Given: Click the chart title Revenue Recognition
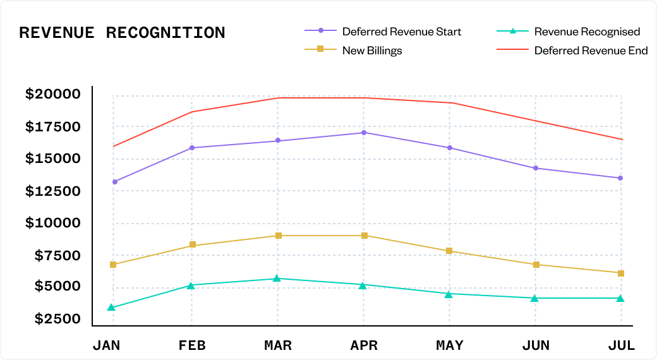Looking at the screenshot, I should pos(122,33).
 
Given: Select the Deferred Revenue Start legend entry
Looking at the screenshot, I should pos(401,32).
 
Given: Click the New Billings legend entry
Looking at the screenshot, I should pos(372,51).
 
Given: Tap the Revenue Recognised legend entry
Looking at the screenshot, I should pos(587,32).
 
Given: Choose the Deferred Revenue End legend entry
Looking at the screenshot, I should pos(591,51).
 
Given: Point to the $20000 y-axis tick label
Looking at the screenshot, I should pos(53,95).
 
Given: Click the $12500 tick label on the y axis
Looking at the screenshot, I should pos(53,191).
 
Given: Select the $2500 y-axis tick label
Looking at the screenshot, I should pos(57,319).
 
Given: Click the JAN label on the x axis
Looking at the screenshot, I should pos(106,345).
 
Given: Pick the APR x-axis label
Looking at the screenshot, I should pos(363,345).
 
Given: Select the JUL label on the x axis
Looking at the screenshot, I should pos(621,345).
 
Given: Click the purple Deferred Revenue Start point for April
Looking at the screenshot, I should pos(363,133).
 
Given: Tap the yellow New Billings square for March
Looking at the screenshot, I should pos(278,236).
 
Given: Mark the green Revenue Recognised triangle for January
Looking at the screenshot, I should pos(111,308).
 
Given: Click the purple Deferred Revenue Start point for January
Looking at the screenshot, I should pos(114,182).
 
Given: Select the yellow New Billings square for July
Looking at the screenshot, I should pos(621,273).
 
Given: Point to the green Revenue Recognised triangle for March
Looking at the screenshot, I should pos(277,279).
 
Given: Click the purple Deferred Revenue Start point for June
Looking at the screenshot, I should pos(536,168).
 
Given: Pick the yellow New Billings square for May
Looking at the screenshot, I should pos(449,251).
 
